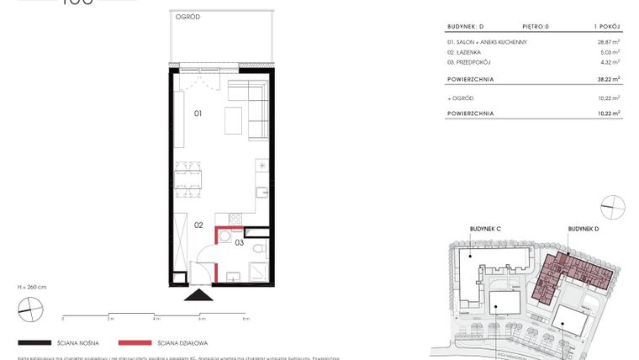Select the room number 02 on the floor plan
pos(199,225)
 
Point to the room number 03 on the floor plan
pos(240,242)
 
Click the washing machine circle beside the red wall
pos(224,235)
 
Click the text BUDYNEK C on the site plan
pos(485,228)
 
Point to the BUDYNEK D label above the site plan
pos(583,228)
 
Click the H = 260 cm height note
pos(32,287)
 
